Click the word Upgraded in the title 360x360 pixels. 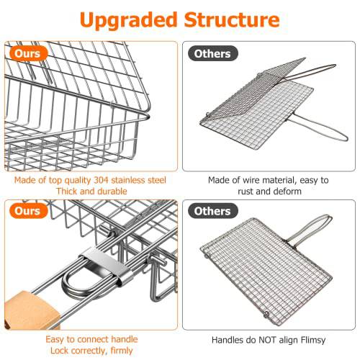127,20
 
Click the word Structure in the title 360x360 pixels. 231,20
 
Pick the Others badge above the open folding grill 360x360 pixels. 212,53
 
